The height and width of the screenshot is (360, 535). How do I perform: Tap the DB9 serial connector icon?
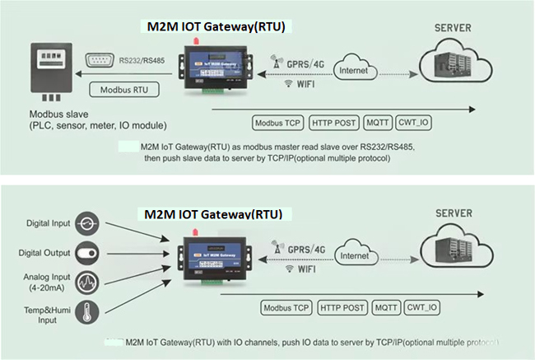pyautogui.click(x=101, y=58)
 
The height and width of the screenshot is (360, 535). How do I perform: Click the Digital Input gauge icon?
pyautogui.click(x=88, y=222)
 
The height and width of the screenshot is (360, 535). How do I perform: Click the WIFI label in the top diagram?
pyautogui.click(x=303, y=83)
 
